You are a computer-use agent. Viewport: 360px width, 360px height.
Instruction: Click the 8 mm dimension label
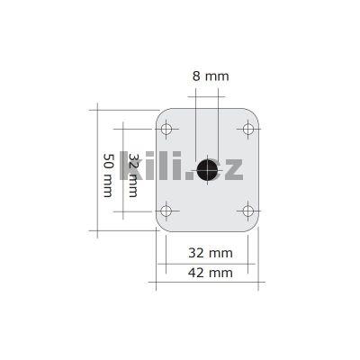click(x=210, y=76)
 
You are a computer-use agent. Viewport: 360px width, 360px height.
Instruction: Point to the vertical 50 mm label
click(x=107, y=175)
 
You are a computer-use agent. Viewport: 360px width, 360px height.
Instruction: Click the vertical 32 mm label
click(x=133, y=175)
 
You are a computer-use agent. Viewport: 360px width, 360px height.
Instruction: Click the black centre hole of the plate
click(x=208, y=169)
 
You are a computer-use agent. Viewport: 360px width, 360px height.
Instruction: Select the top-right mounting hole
click(x=248, y=129)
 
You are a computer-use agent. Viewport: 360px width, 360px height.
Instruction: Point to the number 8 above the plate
click(x=196, y=76)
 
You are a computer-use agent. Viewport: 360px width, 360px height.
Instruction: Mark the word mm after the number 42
click(x=220, y=272)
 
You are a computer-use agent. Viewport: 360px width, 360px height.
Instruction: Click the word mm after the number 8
click(x=217, y=76)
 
